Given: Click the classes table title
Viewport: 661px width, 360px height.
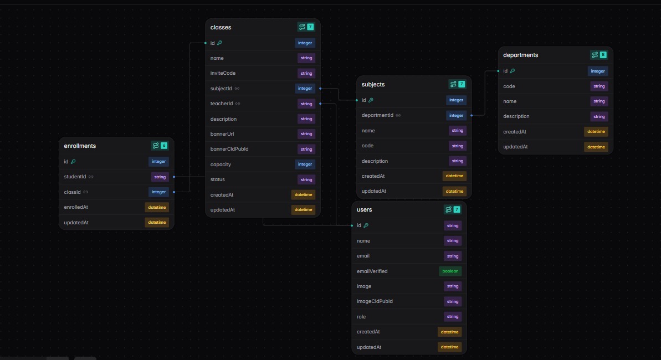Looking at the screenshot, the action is pos(221,27).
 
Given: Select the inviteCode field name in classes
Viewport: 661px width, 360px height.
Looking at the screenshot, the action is pos(223,73).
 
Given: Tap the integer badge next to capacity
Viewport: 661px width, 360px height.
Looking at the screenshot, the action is pos(305,164).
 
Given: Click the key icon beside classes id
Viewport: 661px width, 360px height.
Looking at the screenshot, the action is pos(219,43).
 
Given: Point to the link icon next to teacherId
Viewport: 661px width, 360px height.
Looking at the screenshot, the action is pos(238,104).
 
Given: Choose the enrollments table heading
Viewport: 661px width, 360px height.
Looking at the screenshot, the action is pos(80,146).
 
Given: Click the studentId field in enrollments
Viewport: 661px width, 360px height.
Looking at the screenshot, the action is pos(75,177).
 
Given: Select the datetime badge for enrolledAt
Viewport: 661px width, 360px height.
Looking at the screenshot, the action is pos(157,207).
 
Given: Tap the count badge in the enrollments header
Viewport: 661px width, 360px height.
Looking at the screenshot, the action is pos(164,146).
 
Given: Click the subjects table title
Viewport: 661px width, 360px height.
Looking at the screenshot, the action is pos(373,84).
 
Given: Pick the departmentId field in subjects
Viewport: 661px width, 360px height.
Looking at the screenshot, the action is pos(377,115).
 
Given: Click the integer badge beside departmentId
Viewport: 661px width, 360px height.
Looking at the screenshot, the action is pos(456,116).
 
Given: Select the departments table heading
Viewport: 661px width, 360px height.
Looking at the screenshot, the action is pos(520,55).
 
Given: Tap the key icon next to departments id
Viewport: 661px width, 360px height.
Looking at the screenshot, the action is pos(512,71).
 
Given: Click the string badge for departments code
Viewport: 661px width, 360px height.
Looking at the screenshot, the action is pos(599,86).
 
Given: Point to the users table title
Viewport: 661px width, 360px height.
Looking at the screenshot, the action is pos(364,209).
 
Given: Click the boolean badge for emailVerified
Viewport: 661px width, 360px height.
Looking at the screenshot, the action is pos(450,271).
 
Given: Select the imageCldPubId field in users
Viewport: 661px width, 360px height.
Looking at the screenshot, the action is pos(375,301).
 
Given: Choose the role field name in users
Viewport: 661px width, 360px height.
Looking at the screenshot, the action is pos(361,317).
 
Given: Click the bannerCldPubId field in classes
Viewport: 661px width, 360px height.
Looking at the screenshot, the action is pos(229,149).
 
